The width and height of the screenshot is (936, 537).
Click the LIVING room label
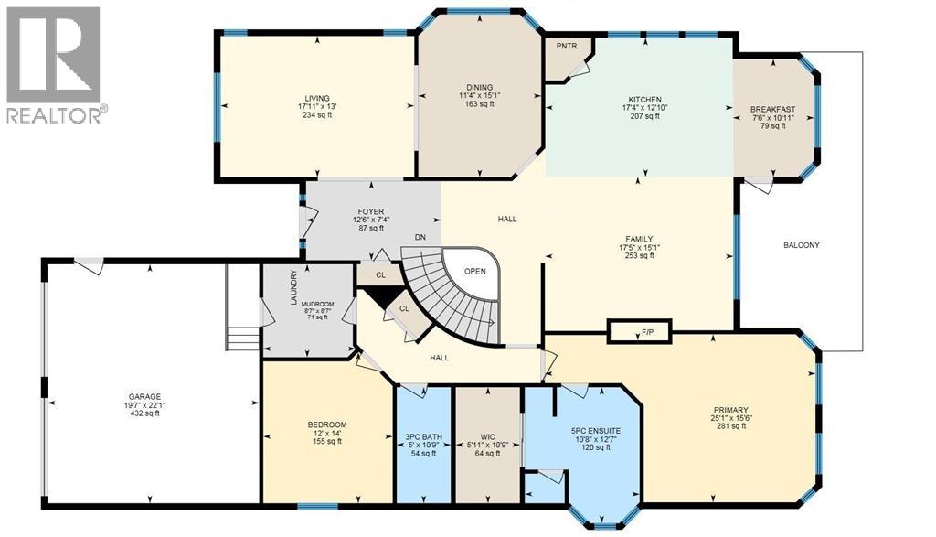317,99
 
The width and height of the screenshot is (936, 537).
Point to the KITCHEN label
643,100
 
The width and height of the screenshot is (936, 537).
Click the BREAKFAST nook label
772,109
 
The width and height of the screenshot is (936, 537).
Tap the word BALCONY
802,245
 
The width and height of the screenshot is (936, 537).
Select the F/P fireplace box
639,331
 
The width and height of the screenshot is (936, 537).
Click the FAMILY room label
640,239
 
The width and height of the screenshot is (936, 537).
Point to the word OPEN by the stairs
475,271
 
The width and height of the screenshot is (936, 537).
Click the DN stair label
420,238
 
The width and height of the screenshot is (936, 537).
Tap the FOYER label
344,211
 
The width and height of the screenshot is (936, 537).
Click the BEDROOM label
326,424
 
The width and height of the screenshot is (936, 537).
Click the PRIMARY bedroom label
731,410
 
